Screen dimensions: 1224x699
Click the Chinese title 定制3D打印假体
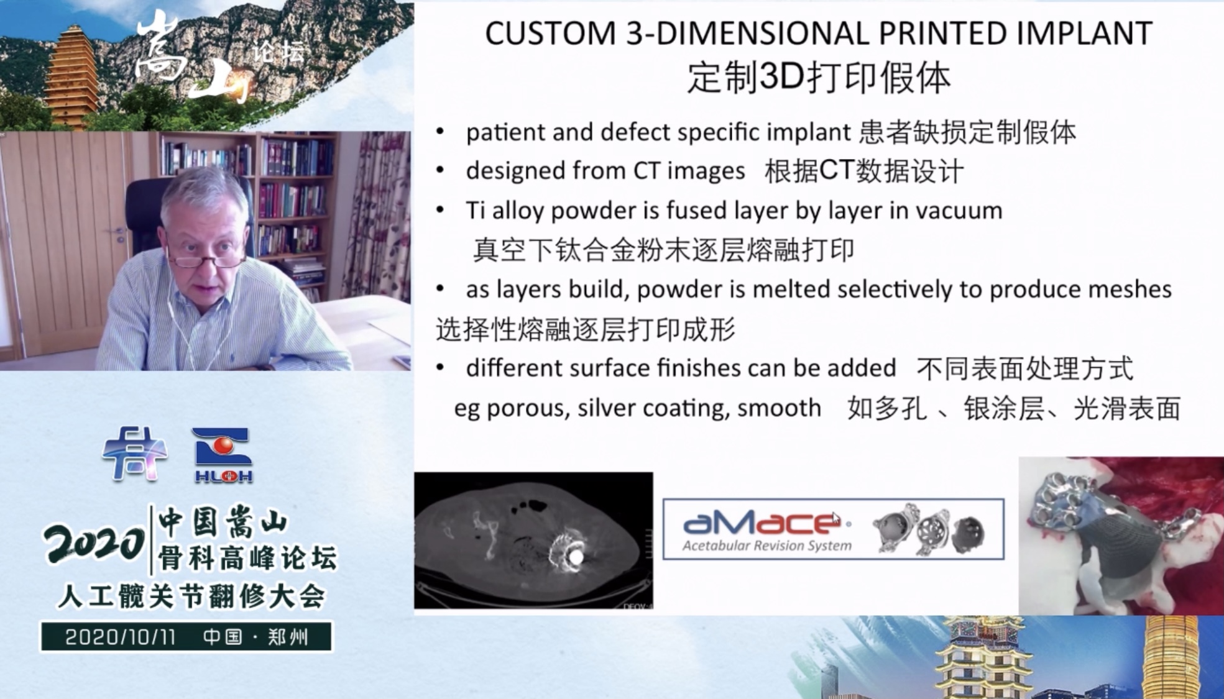click(x=819, y=78)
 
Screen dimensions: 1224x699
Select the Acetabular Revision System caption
click(x=767, y=546)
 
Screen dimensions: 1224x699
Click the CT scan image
click(x=533, y=541)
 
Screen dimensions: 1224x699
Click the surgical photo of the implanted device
click(x=1121, y=536)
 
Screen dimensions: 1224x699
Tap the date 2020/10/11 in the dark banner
click(x=121, y=637)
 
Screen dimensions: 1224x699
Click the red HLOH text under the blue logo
click(x=223, y=477)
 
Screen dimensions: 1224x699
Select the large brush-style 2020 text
click(x=94, y=544)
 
